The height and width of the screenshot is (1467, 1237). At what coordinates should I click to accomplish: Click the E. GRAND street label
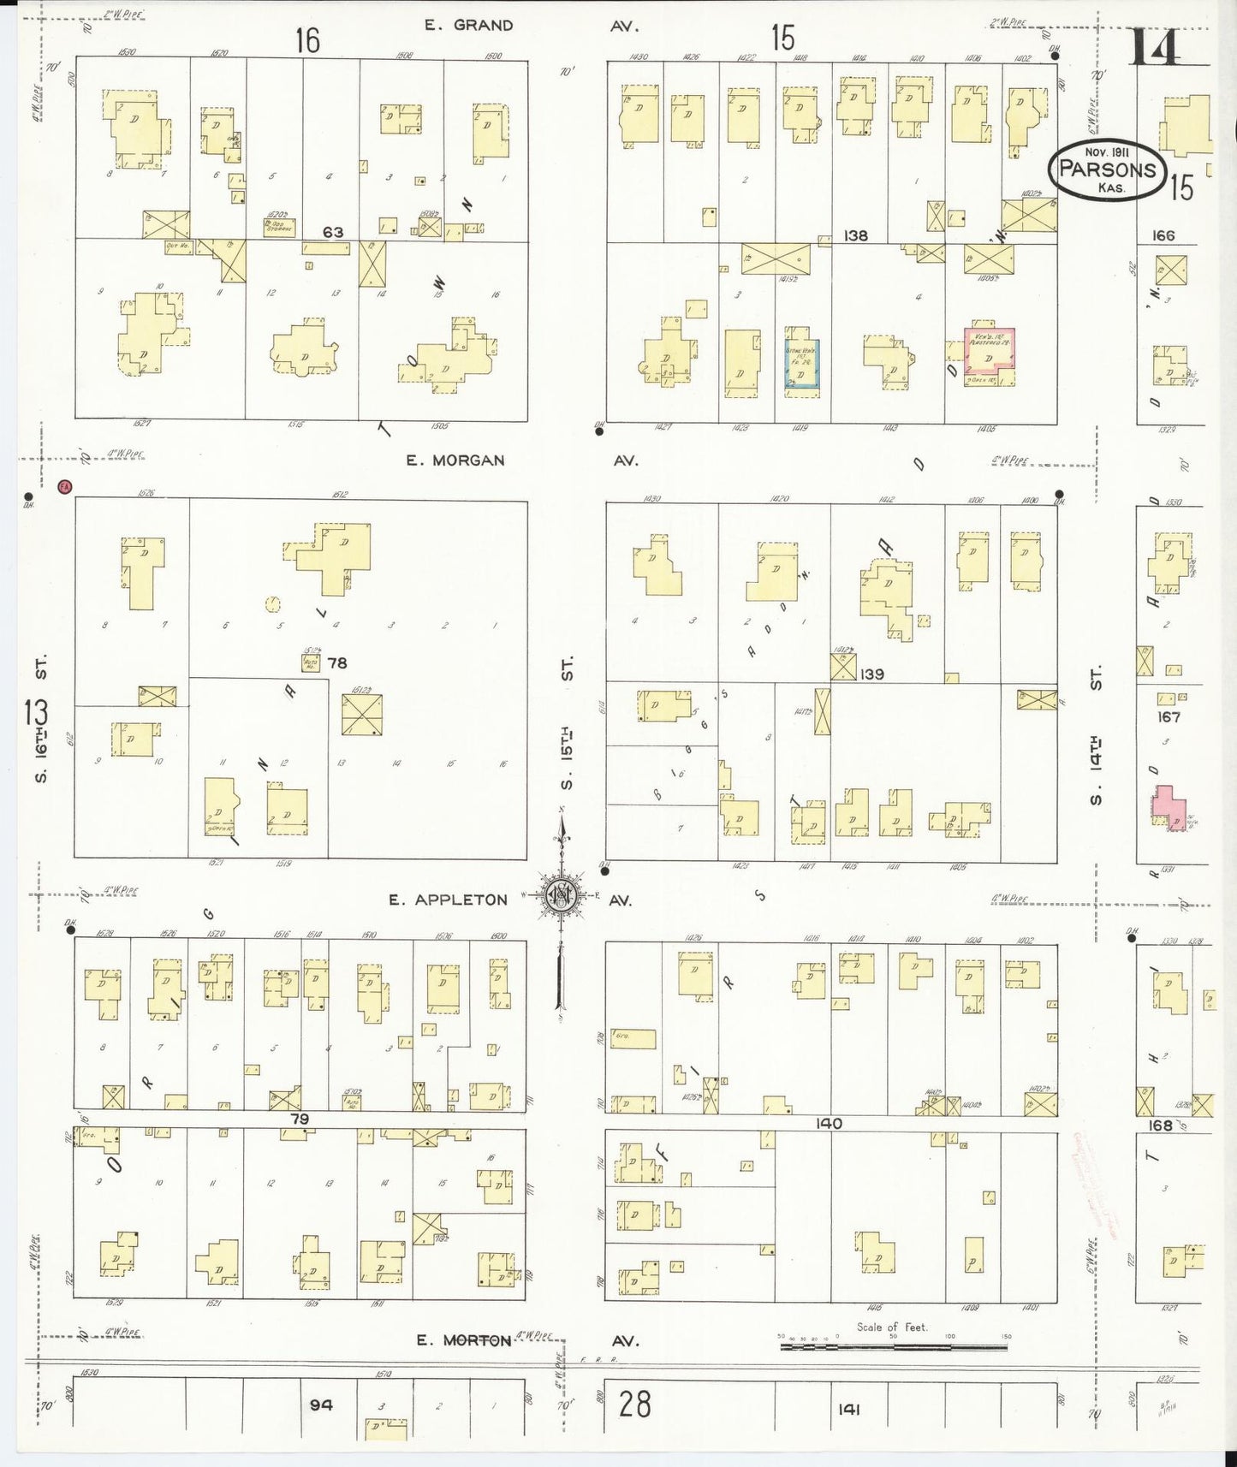469,26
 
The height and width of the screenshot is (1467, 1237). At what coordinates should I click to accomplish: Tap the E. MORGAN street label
455,460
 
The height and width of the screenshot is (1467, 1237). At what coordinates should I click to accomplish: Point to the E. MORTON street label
463,1340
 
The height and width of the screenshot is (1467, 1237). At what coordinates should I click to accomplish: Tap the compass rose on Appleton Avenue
562,896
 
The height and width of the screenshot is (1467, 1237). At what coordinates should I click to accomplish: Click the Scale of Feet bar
893,1347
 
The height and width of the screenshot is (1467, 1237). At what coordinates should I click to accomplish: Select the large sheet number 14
1155,47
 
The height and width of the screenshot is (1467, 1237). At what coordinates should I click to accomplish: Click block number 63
333,232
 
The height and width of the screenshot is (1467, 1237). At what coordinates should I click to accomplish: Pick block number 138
855,235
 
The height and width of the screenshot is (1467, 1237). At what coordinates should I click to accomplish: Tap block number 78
337,663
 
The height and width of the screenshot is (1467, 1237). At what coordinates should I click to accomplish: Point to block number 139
871,674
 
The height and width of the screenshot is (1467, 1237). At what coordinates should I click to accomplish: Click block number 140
829,1124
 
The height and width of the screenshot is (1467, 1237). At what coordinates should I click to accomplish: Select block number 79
299,1119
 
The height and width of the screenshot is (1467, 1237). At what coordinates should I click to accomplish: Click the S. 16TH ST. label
39,719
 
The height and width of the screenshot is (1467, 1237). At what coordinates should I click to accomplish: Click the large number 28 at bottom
634,1405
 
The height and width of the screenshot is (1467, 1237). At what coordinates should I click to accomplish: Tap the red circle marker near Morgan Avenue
64,487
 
